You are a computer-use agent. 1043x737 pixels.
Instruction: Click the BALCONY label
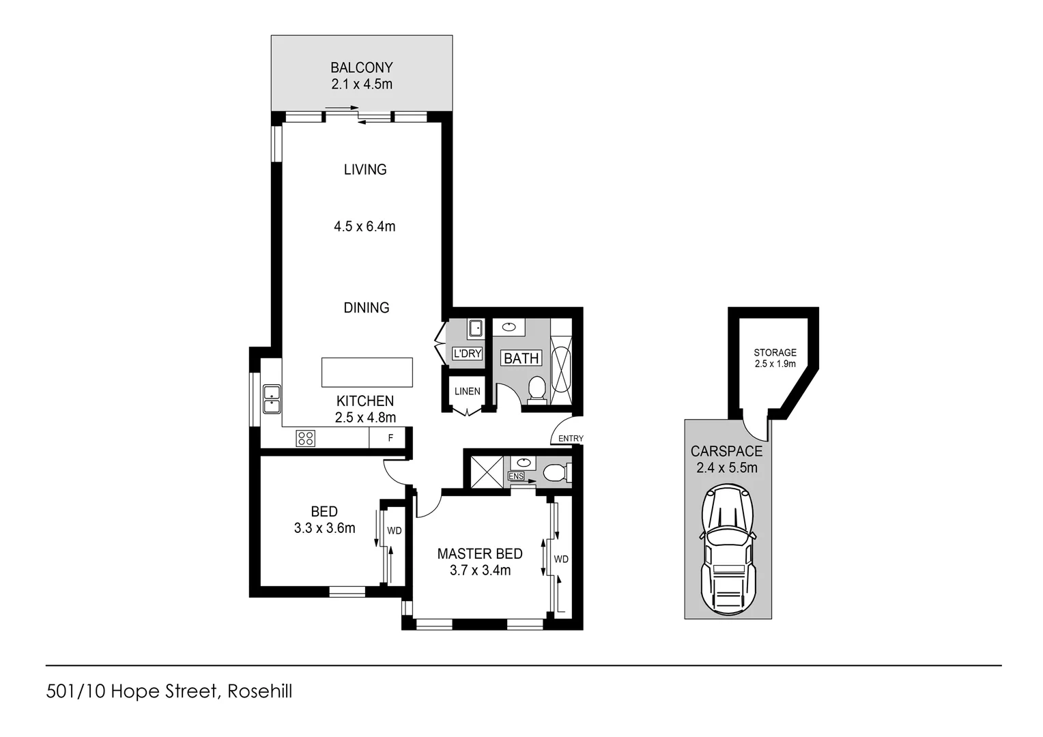click(361, 68)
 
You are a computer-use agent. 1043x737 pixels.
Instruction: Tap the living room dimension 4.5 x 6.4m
click(365, 227)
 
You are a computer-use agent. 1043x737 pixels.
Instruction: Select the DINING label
click(366, 308)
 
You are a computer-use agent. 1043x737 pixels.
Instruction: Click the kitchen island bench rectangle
click(367, 373)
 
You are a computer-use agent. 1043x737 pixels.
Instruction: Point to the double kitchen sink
click(272, 399)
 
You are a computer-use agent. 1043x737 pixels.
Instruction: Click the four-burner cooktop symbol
click(305, 438)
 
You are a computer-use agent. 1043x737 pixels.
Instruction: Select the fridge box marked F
click(390, 438)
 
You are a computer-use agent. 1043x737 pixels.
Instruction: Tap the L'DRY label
click(468, 353)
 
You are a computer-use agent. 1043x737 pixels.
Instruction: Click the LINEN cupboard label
click(468, 392)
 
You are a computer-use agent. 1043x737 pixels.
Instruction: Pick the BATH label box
click(521, 358)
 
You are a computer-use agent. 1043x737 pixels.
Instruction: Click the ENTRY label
click(571, 439)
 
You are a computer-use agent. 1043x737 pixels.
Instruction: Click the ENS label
click(516, 476)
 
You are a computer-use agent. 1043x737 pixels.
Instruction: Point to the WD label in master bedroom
click(561, 559)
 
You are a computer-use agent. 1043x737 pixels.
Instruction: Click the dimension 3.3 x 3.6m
click(324, 528)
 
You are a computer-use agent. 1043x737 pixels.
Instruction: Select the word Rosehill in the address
click(260, 691)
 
